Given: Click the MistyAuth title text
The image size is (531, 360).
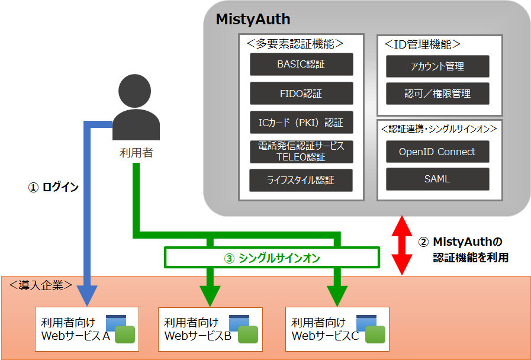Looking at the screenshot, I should click(x=253, y=19).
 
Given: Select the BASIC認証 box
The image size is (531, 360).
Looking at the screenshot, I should click(x=301, y=65).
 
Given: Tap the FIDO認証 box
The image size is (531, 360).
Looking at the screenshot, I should click(x=301, y=94).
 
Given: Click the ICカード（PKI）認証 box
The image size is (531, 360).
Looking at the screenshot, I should click(x=301, y=123).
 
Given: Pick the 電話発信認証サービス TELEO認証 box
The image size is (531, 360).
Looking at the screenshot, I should click(x=301, y=152).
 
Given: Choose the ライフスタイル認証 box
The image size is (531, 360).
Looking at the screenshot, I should click(x=301, y=181).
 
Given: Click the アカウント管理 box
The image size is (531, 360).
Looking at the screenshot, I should click(x=437, y=66).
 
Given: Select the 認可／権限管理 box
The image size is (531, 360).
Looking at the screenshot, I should click(x=437, y=94).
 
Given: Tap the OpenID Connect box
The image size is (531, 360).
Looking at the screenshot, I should click(x=437, y=152).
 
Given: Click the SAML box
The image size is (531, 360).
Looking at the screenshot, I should click(x=437, y=179).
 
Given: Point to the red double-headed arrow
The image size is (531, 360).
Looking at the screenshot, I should click(x=403, y=246).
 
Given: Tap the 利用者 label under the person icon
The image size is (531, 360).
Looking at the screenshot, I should click(x=136, y=153).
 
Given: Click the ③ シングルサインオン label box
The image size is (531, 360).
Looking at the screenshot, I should click(x=271, y=258).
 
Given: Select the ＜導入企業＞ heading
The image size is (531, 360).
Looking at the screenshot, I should click(x=41, y=285).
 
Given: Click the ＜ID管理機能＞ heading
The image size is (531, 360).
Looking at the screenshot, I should click(x=422, y=44).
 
